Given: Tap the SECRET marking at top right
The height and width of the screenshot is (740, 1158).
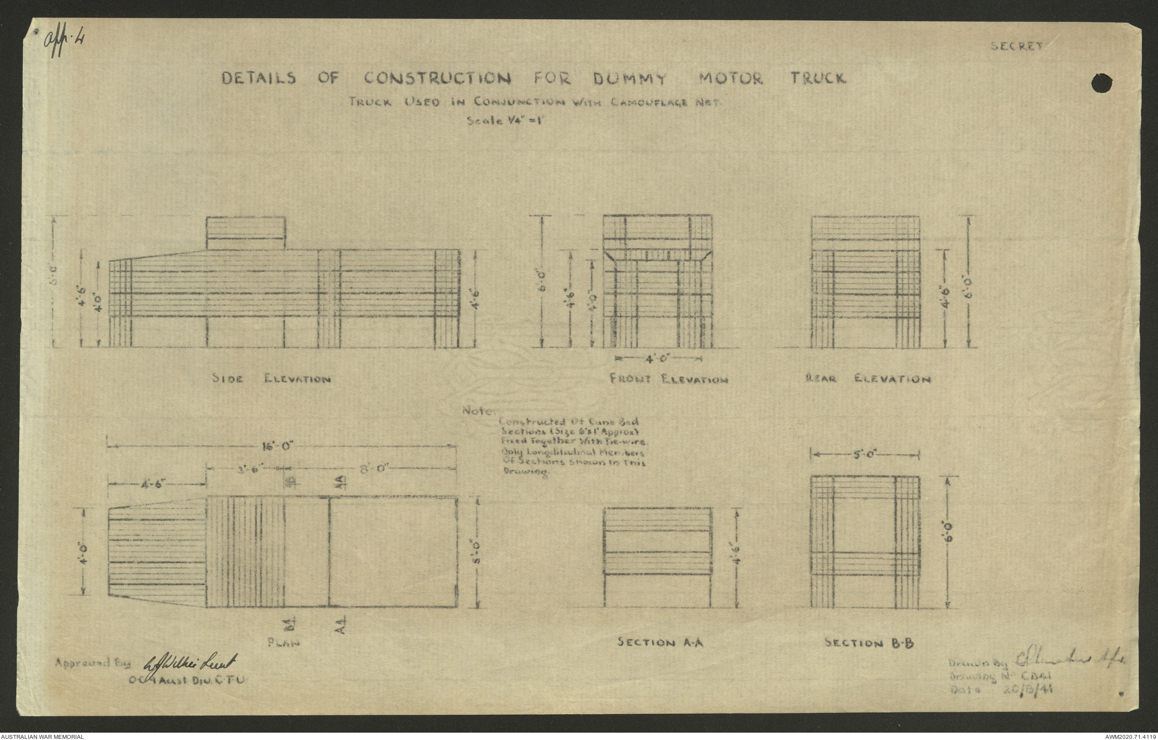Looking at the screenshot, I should point(1016,47).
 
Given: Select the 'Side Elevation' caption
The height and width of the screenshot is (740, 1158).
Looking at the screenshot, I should point(271,379).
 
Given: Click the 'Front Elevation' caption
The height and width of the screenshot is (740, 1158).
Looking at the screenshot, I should point(668,380).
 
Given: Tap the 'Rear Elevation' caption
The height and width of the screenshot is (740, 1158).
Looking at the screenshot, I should point(867,379).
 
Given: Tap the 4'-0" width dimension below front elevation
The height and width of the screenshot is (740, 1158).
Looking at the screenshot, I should point(659,358).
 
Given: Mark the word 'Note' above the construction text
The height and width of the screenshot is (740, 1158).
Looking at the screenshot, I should point(478,411).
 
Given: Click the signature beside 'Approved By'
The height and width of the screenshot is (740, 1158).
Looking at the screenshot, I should point(192,661).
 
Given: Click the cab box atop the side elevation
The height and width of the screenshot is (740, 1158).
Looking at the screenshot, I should point(246,233).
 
